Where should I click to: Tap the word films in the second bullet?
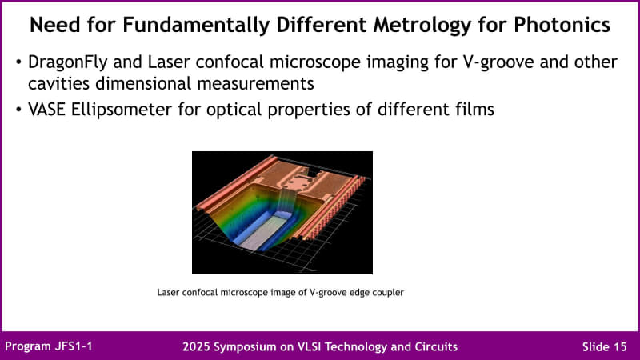pyautogui.click(x=473, y=110)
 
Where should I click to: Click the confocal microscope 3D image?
pyautogui.click(x=282, y=212)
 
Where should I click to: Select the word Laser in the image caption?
pyautogui.click(x=169, y=293)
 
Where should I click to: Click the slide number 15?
pyautogui.click(x=621, y=346)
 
